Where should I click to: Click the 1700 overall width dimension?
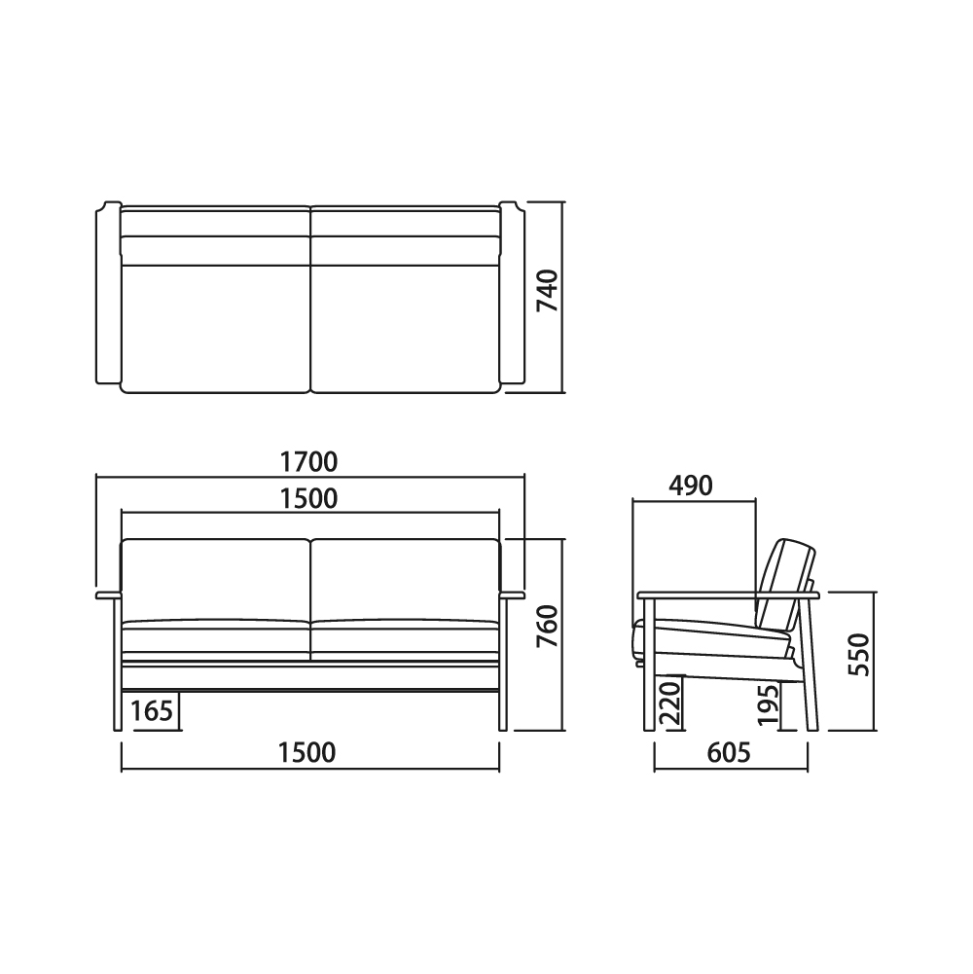308,462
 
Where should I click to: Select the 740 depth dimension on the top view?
548,291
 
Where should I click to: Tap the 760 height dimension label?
548,627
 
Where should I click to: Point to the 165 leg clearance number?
152,710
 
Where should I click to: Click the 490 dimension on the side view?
690,486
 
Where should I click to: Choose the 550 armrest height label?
859,655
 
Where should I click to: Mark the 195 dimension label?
769,704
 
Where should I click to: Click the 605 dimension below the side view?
730,753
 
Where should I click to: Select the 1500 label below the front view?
306,753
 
